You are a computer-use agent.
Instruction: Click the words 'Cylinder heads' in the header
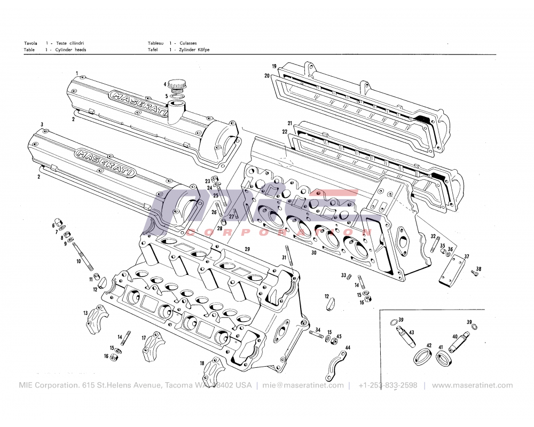(71, 50)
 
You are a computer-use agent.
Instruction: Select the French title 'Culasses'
(188, 43)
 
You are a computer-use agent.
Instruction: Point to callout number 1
(77, 73)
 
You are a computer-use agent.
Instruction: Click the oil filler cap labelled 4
(177, 85)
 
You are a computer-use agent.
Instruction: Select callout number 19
(274, 67)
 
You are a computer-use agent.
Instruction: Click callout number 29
(247, 249)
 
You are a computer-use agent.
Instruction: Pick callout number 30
(314, 252)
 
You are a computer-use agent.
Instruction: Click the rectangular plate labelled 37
(452, 271)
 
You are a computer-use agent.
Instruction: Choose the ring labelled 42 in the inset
(423, 356)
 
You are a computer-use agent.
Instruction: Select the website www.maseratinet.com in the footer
(472, 385)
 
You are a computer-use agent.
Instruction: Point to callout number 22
(285, 132)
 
